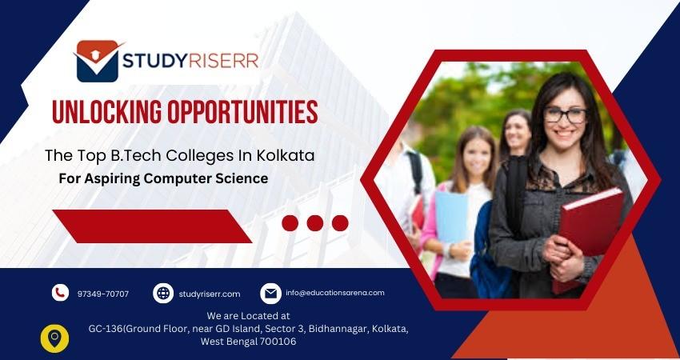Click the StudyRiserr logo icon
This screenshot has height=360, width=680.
click(x=98, y=61)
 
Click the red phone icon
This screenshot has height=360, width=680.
click(x=60, y=293)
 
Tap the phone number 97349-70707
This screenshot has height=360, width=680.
click(x=103, y=294)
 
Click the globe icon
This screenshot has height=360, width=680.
click(x=162, y=293)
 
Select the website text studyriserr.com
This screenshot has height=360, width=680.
click(x=210, y=294)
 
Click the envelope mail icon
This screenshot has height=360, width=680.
click(x=270, y=293)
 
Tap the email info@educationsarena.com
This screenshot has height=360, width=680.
click(x=334, y=293)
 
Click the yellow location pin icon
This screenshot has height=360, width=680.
click(x=54, y=338)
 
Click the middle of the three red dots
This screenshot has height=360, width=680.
click(x=315, y=223)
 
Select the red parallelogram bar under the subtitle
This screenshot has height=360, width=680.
click(x=152, y=226)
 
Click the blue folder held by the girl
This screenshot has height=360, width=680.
click(x=451, y=217)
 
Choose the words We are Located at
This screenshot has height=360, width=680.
click(x=248, y=316)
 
